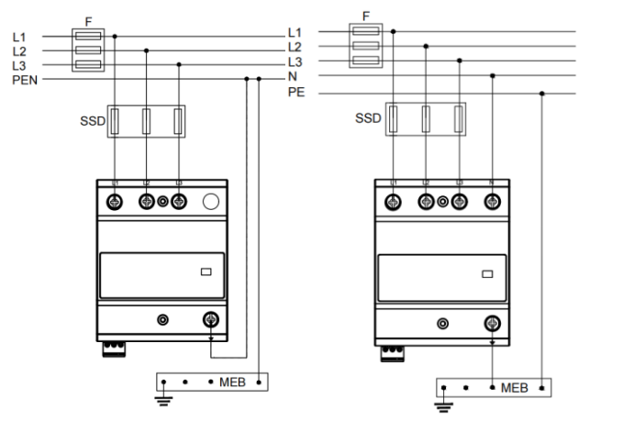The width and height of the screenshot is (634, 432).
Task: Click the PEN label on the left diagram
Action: pos(24,80)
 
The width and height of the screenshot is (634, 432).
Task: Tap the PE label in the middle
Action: pos(295,94)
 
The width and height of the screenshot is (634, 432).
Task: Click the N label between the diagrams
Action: pos(292,77)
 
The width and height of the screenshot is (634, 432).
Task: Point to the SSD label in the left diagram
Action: pos(93,120)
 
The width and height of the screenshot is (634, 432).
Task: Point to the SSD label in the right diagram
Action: pos(369,118)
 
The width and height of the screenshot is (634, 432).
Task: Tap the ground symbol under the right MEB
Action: pos(445,404)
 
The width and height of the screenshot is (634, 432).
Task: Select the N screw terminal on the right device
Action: pos(492,202)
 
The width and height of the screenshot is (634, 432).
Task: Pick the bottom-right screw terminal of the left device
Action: pos(210,320)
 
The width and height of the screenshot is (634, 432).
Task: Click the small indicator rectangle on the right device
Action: pos(487,273)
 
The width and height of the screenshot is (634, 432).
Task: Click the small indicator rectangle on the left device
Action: pos(206,271)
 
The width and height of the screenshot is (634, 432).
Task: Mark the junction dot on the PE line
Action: pos(542,93)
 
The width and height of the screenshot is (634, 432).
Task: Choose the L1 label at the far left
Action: pos(20,36)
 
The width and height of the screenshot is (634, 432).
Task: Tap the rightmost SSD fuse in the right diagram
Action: pos(460,120)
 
